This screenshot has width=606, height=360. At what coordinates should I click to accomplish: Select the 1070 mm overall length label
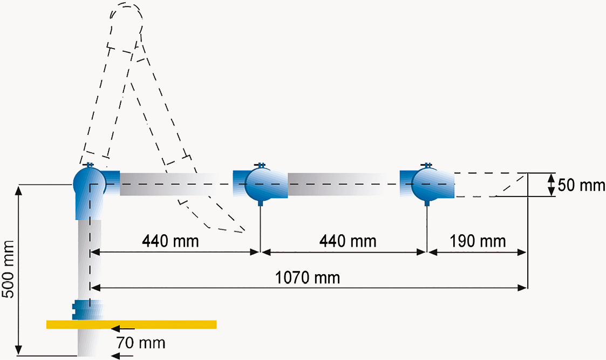(x=308, y=278)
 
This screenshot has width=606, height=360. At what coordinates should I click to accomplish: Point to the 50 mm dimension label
(x=581, y=185)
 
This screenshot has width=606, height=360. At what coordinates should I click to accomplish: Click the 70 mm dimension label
(x=141, y=342)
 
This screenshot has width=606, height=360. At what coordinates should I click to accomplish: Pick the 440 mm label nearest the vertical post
(x=171, y=241)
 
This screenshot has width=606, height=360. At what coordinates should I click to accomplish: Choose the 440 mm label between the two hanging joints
(x=348, y=241)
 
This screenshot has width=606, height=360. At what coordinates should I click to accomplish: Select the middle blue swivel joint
(x=259, y=184)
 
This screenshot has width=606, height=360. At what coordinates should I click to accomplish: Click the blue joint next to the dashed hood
(x=426, y=184)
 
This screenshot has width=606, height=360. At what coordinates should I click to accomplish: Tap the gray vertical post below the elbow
(x=90, y=259)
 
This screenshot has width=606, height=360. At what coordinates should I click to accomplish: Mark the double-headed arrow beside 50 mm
(x=550, y=185)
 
